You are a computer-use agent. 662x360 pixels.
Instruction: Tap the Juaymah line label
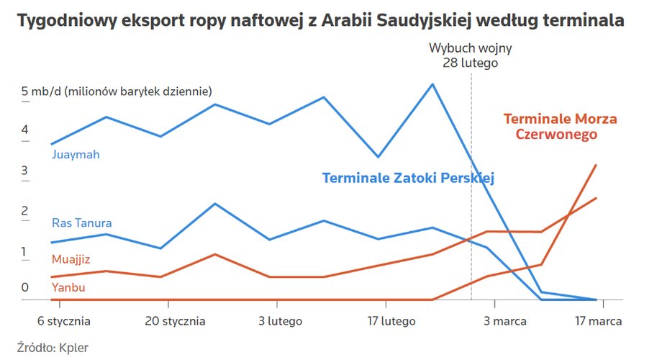(76, 155)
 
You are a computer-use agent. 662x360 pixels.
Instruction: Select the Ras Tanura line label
(82, 223)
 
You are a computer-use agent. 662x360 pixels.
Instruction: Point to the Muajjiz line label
(71, 259)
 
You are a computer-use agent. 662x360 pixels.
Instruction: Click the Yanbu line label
(68, 288)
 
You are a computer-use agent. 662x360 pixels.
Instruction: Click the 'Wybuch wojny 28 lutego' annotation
(471, 55)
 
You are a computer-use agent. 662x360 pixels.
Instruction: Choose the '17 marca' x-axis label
(597, 321)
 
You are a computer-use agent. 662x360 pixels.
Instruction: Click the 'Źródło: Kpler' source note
(47, 348)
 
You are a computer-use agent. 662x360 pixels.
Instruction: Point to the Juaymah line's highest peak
(432, 84)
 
